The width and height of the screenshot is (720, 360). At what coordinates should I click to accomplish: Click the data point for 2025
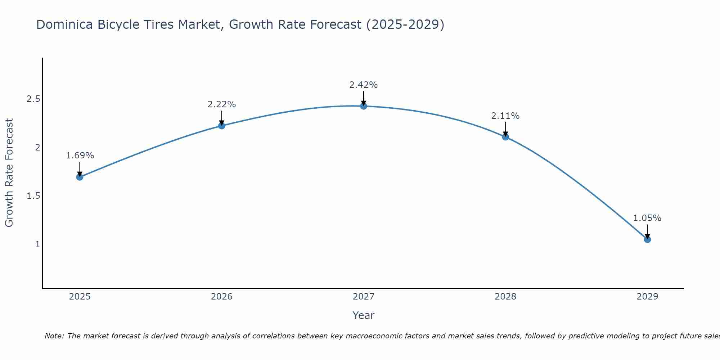pyautogui.click(x=80, y=177)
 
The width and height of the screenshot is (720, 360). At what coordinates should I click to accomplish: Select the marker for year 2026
pyautogui.click(x=222, y=126)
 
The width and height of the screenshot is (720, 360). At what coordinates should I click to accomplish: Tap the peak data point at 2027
pyautogui.click(x=364, y=106)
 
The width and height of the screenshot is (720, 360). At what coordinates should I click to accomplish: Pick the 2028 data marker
pyautogui.click(x=505, y=137)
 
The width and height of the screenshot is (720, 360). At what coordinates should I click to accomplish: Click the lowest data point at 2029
pyautogui.click(x=647, y=239)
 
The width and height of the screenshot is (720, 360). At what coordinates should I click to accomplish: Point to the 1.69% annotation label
pyautogui.click(x=80, y=156)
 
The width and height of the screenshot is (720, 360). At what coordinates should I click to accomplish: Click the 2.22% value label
pyautogui.click(x=222, y=104)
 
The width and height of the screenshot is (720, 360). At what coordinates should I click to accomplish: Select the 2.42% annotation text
pyautogui.click(x=364, y=85)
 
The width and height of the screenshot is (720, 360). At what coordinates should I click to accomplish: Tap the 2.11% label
pyautogui.click(x=505, y=116)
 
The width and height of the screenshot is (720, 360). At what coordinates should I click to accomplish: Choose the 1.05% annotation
pyautogui.click(x=647, y=218)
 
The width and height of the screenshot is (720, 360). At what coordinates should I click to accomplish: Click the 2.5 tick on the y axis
pyautogui.click(x=33, y=99)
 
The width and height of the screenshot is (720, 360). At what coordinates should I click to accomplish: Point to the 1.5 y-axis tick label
pyautogui.click(x=33, y=196)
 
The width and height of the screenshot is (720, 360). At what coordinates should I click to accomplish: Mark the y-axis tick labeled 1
pyautogui.click(x=37, y=244)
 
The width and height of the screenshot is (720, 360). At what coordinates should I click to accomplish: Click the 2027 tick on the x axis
pyautogui.click(x=364, y=297)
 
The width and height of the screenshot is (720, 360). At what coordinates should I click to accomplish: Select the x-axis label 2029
pyautogui.click(x=647, y=297)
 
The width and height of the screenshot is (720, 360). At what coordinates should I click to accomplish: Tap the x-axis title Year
pyautogui.click(x=364, y=315)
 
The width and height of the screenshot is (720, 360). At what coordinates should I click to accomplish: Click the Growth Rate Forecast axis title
pyautogui.click(x=9, y=173)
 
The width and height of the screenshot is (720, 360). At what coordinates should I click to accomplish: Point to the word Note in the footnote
pyautogui.click(x=54, y=336)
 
